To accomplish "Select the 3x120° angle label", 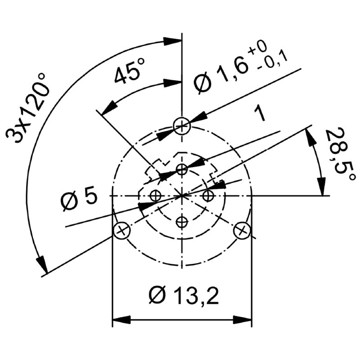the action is click(x=28, y=108).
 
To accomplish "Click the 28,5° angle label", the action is click(x=340, y=155).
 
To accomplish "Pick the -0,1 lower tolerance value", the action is click(x=273, y=62).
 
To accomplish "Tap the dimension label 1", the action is click(x=260, y=113).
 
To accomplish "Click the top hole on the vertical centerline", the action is click(x=182, y=126).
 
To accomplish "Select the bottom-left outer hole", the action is click(x=122, y=230).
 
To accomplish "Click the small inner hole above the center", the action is click(x=182, y=170).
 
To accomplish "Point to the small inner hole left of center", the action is click(x=156, y=196).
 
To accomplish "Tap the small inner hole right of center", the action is click(x=208, y=196).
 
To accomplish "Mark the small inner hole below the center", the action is click(x=182, y=222).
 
